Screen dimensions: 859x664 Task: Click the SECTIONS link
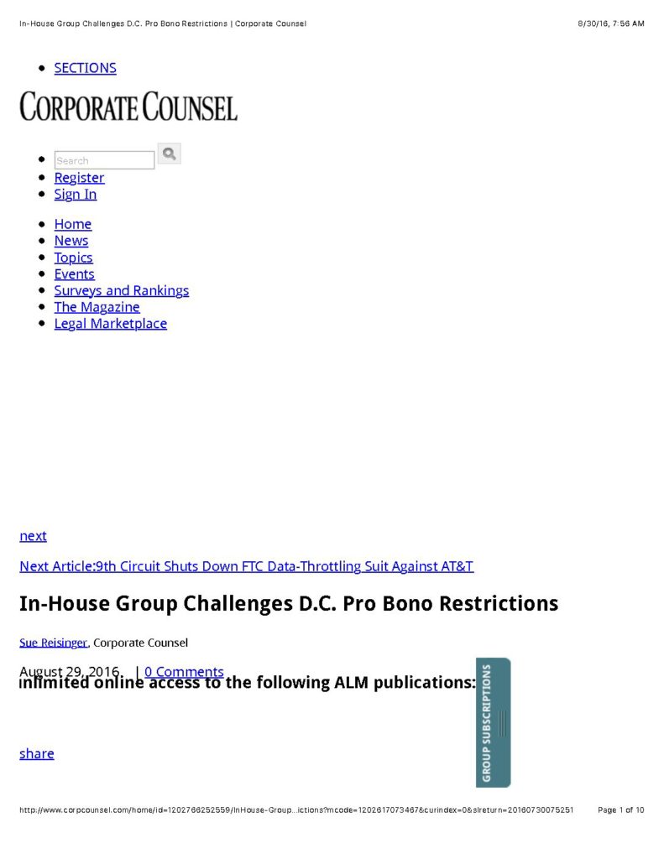pos(85,68)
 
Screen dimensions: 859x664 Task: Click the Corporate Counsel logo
pos(128,107)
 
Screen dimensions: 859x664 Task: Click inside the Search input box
pos(104,160)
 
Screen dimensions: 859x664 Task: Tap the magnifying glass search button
pos(170,154)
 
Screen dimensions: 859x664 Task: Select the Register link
pos(79,177)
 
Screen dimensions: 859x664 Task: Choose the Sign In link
pos(76,194)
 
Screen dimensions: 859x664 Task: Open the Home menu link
pos(73,224)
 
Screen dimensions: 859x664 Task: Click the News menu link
pos(71,241)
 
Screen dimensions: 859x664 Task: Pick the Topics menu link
pos(74,258)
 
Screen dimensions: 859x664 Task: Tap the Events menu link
pos(75,274)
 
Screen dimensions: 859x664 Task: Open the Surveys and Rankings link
pos(122,290)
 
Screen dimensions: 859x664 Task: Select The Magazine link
pos(97,307)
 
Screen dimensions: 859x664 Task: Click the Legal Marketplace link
pos(111,324)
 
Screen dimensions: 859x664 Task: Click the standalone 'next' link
pos(34,536)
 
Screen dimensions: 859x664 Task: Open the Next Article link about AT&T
pos(246,566)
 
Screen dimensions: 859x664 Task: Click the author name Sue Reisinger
pos(54,643)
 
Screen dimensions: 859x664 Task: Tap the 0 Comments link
pos(184,671)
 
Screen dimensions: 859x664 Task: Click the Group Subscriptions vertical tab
pos(493,722)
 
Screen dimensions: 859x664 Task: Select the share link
pos(37,753)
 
